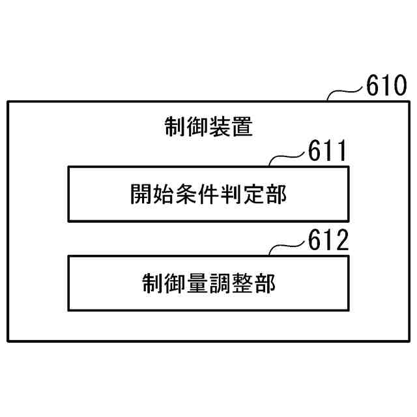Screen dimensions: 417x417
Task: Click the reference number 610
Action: pyautogui.click(x=386, y=87)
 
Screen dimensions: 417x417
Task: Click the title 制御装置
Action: pyautogui.click(x=208, y=127)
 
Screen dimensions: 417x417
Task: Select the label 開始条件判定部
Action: pyautogui.click(x=208, y=194)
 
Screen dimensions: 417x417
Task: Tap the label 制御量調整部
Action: pyautogui.click(x=208, y=283)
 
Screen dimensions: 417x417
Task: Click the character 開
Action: pyautogui.click(x=142, y=194)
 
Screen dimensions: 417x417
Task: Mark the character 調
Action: pyautogui.click(x=220, y=283)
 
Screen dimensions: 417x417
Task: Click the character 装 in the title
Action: pyautogui.click(x=220, y=127)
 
